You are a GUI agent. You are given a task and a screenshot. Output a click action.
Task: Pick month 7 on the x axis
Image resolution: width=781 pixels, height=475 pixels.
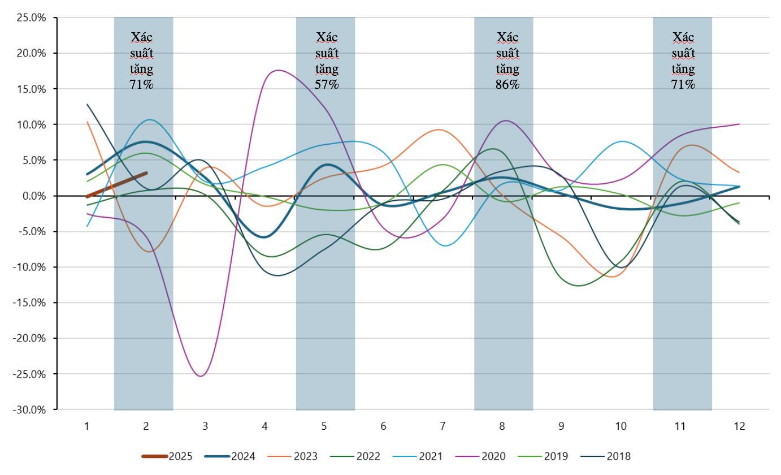[442, 426]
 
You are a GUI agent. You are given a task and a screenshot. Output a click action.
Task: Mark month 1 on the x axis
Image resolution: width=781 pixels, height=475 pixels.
[87, 426]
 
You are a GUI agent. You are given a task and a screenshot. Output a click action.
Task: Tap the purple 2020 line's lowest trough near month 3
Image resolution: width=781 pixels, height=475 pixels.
[201, 376]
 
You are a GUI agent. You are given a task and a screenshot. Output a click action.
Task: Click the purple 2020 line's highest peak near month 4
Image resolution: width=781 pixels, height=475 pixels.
[278, 70]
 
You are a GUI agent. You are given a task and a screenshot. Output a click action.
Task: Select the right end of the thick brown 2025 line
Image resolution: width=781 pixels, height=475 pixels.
[146, 173]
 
